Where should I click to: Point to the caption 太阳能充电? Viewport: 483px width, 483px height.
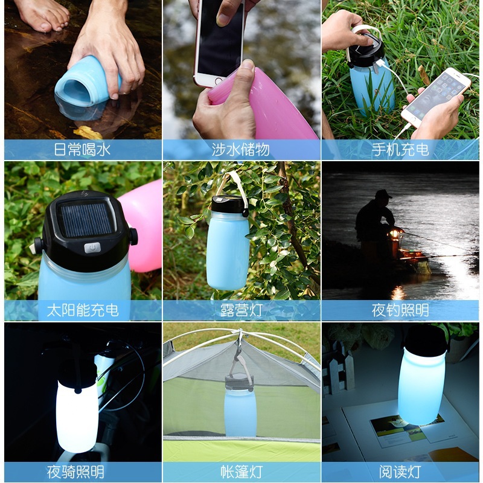83,311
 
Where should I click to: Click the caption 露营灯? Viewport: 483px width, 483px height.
241,311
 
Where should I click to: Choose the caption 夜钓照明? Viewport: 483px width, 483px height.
400,311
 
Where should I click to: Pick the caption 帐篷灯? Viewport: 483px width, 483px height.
241,472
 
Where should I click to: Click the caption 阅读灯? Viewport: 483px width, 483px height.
400,472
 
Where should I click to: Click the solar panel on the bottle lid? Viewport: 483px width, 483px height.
87,219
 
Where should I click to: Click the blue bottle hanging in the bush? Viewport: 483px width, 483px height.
228,248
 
